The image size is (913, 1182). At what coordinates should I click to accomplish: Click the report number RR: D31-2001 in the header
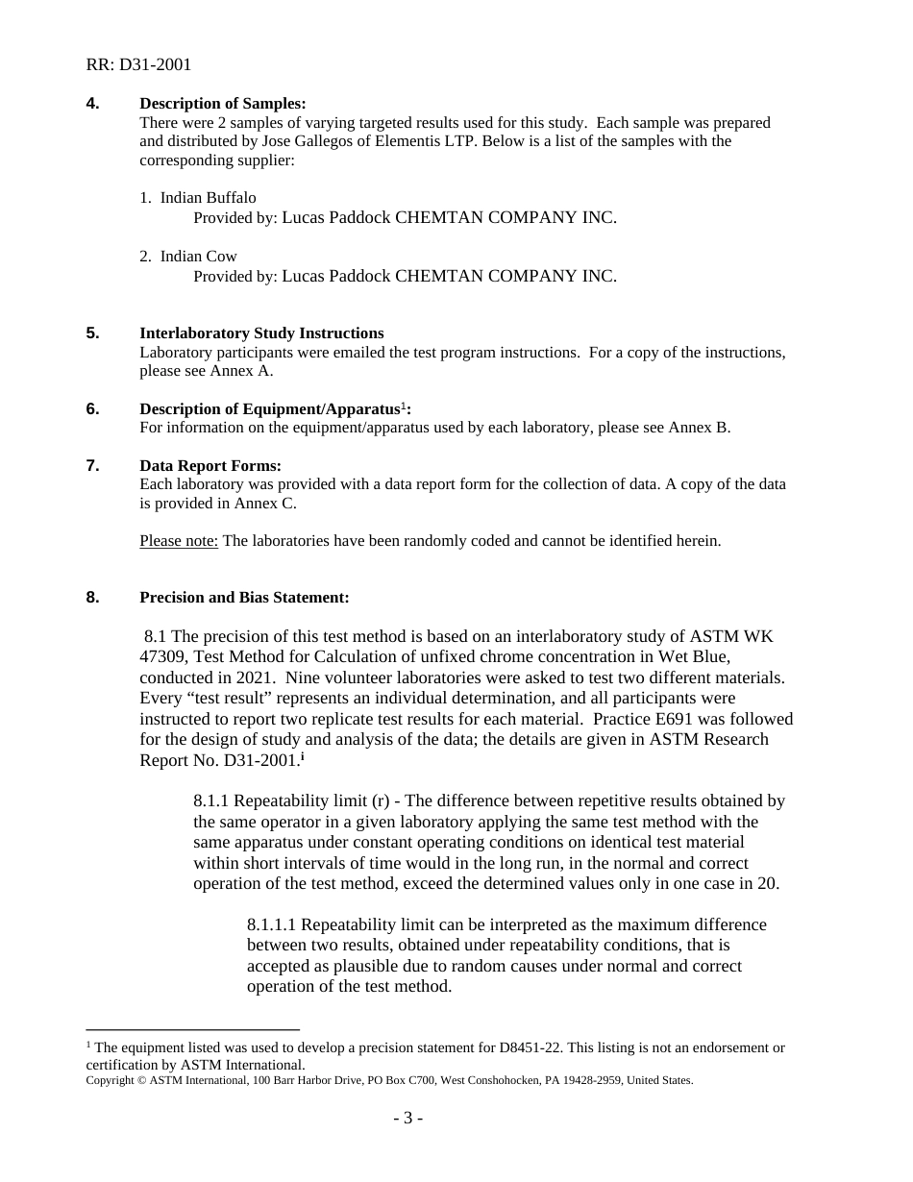pyautogui.click(x=138, y=64)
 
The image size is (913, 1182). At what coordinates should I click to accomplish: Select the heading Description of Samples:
pyautogui.click(x=222, y=104)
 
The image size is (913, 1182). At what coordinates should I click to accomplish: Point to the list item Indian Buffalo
pyautogui.click(x=208, y=198)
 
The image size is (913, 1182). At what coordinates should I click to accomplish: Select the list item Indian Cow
pyautogui.click(x=198, y=257)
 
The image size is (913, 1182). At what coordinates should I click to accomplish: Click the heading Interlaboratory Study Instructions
pyautogui.click(x=261, y=333)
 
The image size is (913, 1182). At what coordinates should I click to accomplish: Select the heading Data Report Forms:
pyautogui.click(x=210, y=466)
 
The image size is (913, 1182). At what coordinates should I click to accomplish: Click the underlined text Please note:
pyautogui.click(x=179, y=540)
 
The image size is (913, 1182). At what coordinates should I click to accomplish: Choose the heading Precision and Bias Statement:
pyautogui.click(x=244, y=598)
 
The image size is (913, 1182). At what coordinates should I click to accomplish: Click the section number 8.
pyautogui.click(x=92, y=598)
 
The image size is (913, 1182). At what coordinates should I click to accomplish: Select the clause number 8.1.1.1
pyautogui.click(x=273, y=924)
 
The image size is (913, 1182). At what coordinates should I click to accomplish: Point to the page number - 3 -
pyautogui.click(x=407, y=1118)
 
